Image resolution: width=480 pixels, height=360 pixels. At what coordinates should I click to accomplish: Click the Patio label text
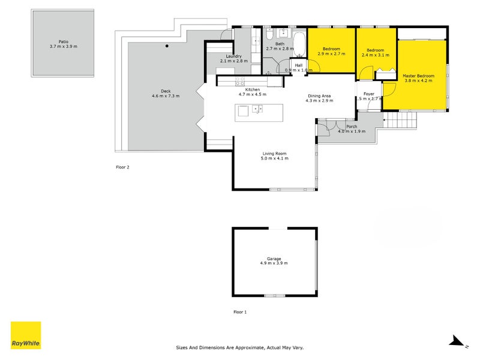[64, 41]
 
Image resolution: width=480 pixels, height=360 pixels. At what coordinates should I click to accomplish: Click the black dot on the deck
[167, 46]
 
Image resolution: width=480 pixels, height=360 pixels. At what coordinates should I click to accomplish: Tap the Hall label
[298, 65]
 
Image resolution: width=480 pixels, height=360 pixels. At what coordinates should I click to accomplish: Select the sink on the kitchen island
[256, 109]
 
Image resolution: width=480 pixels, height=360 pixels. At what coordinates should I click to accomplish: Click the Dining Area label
[319, 96]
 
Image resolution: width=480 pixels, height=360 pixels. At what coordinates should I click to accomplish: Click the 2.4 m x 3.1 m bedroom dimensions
[375, 55]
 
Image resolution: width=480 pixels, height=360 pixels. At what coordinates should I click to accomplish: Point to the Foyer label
[368, 94]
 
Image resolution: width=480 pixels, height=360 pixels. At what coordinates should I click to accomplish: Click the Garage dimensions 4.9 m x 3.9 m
[274, 263]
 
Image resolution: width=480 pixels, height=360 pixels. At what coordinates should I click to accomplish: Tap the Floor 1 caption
[240, 312]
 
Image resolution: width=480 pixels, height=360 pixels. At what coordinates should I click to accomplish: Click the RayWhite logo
[26, 335]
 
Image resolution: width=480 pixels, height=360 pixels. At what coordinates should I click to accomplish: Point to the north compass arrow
[458, 341]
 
